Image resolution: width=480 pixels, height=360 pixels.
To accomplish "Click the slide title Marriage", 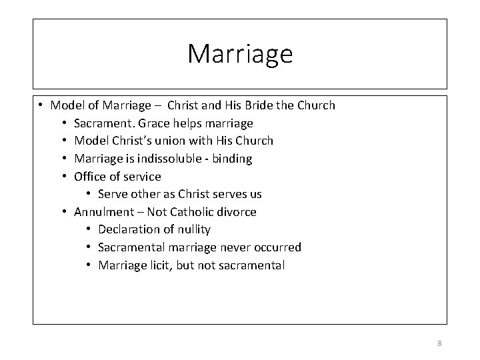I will (240, 54).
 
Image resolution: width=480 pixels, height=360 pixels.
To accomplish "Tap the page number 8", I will (439, 343).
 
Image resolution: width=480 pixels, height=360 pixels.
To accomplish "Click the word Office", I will (90, 177).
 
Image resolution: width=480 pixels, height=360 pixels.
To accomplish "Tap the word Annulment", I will (103, 212).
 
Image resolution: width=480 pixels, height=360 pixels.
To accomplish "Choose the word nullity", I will (193, 229).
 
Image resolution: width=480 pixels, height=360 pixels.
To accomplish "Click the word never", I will (238, 247).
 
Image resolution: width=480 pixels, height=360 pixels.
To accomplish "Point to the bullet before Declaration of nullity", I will (89, 229).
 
